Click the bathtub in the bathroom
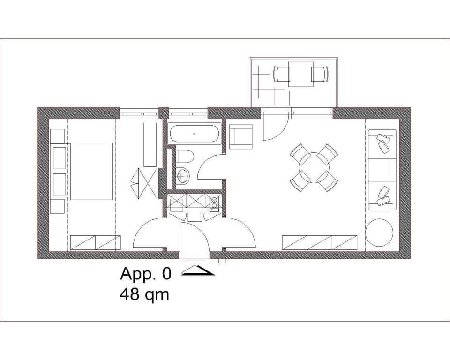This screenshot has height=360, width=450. (194, 134)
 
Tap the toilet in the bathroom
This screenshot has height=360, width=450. (184, 157)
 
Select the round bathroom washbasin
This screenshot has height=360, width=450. (184, 176)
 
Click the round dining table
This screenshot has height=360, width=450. (314, 167)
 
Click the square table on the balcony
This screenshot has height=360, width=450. (301, 74)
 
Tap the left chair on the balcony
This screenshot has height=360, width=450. (281, 74)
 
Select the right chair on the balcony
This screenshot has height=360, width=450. (320, 74)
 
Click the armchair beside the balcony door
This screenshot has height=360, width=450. (241, 136)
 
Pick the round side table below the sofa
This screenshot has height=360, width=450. (379, 232)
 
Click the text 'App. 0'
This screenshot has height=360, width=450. (146, 273)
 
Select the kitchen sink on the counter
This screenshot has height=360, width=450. (177, 203)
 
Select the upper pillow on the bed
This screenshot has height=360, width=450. (60, 158)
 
